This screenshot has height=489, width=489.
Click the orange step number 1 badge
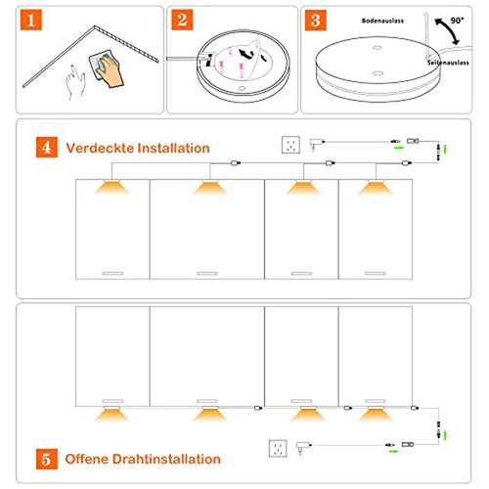31,20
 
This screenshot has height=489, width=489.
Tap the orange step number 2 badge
182,20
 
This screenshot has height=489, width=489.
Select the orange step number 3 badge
316,21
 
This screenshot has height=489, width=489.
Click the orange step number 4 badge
47,147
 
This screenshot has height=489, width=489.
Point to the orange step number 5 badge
47,459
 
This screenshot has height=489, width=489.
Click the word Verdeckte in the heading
101,148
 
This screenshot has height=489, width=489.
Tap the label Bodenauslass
382,21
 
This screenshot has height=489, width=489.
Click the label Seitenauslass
448,63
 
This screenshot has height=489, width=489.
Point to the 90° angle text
457,21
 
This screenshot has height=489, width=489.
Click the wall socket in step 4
290,145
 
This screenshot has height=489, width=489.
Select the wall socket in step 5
278,449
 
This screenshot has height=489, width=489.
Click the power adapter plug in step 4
316,144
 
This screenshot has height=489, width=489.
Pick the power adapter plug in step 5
303,448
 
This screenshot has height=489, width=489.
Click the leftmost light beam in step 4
112,188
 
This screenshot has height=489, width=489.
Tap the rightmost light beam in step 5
376,415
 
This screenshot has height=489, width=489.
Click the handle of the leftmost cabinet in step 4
112,274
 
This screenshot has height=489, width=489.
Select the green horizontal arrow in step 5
394,451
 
